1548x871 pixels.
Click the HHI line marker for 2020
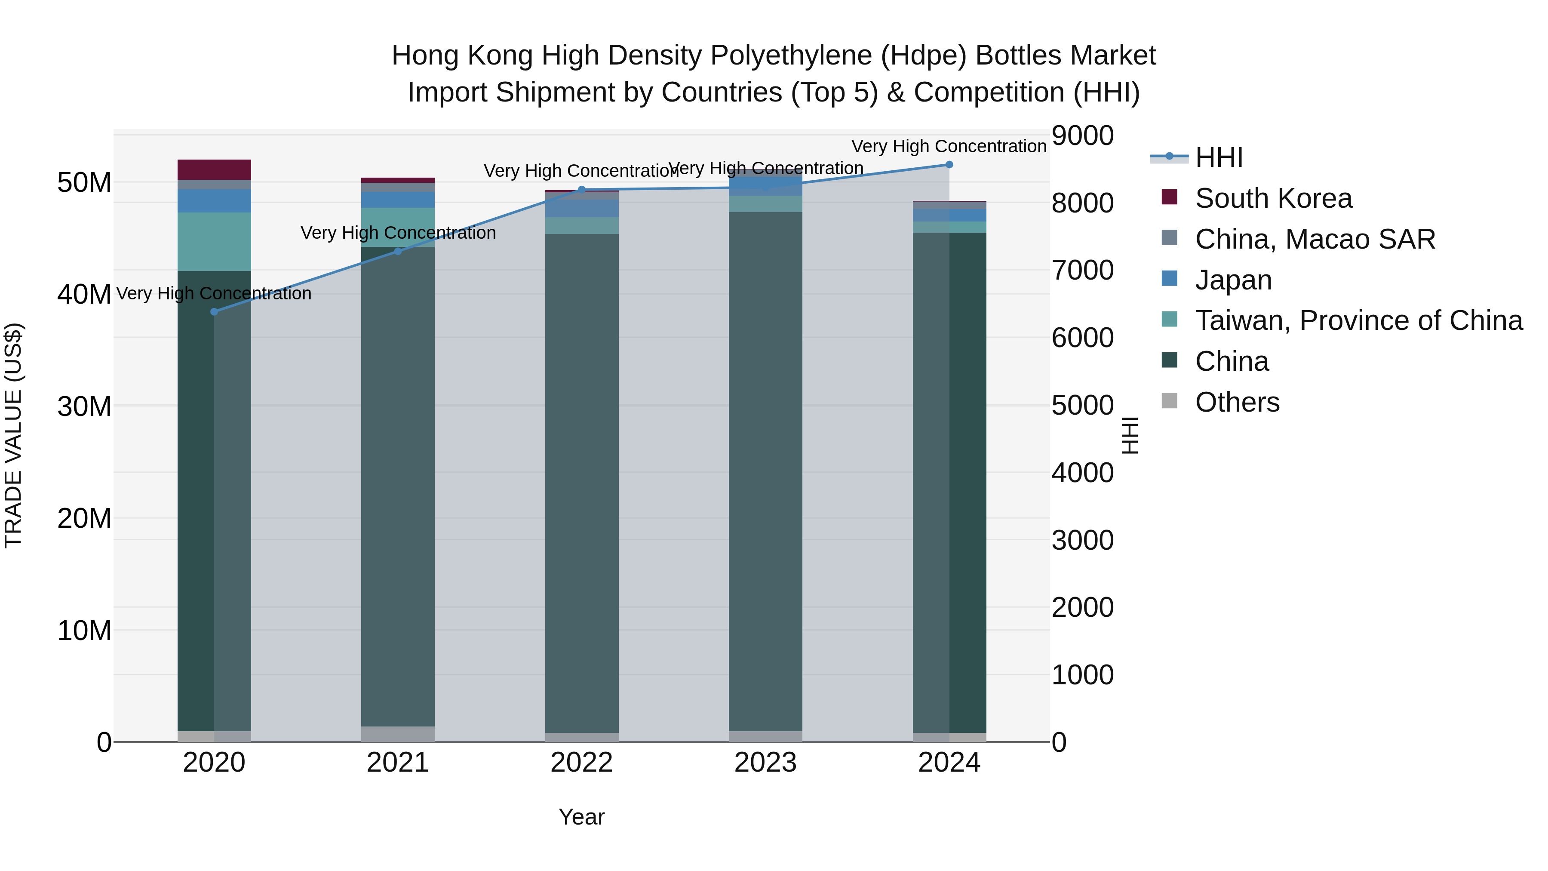[x=214, y=311]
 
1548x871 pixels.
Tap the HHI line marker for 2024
[x=949, y=165]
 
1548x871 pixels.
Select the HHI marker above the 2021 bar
[x=398, y=251]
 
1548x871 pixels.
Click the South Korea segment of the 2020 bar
[x=214, y=169]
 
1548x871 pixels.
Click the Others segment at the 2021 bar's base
[x=398, y=733]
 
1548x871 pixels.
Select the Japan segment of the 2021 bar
[x=398, y=200]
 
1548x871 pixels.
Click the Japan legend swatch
[x=1170, y=279]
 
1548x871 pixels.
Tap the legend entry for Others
[x=1237, y=402]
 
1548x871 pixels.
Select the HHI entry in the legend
[x=1218, y=157]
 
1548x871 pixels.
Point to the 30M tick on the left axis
[x=84, y=407]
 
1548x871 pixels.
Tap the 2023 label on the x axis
[x=765, y=763]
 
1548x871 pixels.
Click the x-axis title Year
[x=581, y=817]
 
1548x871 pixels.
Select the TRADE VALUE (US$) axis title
[x=13, y=435]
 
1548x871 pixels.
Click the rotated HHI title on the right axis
[x=1130, y=435]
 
